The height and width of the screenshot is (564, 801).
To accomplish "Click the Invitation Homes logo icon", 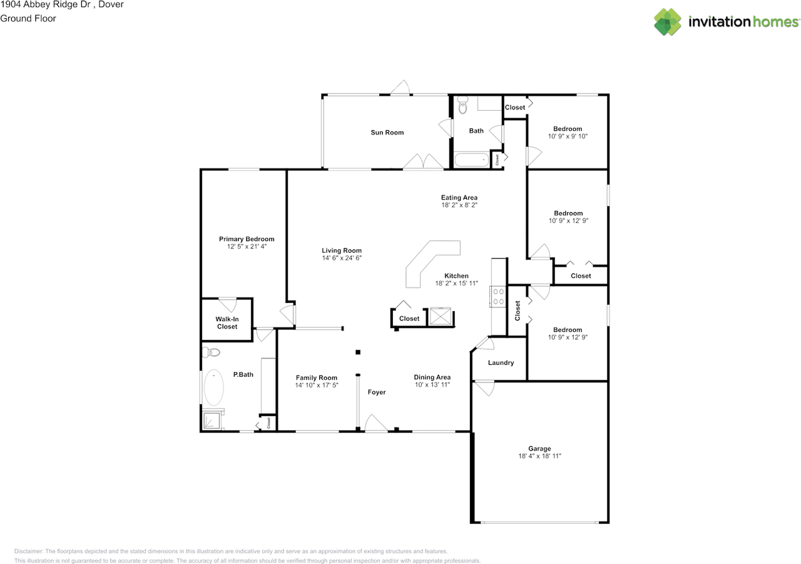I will tap(668, 22).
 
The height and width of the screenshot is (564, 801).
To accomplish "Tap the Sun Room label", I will tap(387, 133).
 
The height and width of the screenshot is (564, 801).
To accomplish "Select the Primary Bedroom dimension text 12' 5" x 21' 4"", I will tap(247, 247).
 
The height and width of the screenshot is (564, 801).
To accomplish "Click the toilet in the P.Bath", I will tap(212, 352).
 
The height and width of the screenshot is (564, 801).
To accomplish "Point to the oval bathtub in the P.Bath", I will tap(213, 388).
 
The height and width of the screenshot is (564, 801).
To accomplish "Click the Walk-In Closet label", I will tap(227, 322).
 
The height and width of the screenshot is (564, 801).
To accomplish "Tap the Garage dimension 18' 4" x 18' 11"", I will tap(539, 457).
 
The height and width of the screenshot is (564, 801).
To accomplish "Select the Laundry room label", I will tap(501, 363).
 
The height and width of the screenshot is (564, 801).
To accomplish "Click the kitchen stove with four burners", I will tap(499, 296).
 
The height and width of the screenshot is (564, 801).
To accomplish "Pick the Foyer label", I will tap(377, 392).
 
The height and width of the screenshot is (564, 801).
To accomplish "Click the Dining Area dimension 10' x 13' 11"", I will tap(432, 385).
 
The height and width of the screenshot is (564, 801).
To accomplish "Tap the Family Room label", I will tap(317, 377).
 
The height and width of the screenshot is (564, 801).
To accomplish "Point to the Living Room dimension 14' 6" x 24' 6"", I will tap(342, 258).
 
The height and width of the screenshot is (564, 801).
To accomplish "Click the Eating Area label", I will tap(459, 198).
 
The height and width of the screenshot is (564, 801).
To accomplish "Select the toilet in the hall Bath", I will tap(462, 107).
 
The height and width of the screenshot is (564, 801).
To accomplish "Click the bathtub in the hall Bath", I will tap(471, 160).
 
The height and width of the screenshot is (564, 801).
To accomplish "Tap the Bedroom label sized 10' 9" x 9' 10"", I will tap(568, 129).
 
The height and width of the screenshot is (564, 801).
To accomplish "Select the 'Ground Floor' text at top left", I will tap(28, 19).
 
